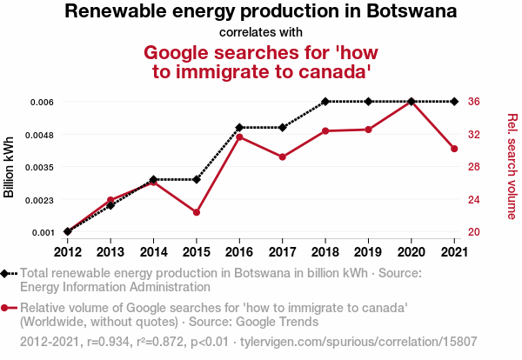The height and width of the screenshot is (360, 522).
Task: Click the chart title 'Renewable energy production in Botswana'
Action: tap(261, 12)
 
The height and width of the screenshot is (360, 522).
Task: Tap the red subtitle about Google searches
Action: tap(261, 62)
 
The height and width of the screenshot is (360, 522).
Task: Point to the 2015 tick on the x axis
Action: tap(197, 252)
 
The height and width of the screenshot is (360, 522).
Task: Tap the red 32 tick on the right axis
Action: tap(473, 135)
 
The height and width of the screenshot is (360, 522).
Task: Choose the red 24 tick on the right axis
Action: tap(473, 199)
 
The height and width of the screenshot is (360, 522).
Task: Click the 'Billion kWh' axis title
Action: tap(10, 167)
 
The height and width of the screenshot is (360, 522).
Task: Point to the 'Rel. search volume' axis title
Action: tap(512, 166)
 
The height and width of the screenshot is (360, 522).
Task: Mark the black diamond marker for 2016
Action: tap(239, 128)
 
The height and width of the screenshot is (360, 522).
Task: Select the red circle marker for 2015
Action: tap(197, 212)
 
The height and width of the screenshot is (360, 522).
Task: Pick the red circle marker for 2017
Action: tap(283, 157)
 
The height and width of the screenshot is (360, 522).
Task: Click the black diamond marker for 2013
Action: tap(110, 205)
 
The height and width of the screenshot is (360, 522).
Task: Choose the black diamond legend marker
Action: tap(7, 273)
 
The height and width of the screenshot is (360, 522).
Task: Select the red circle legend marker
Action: tap(7, 308)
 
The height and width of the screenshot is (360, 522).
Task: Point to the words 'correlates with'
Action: tap(261, 32)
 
